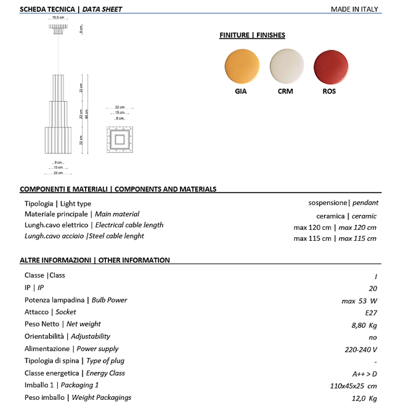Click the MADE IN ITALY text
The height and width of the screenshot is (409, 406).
(x=354, y=9)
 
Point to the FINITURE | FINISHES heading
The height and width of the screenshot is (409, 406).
(x=252, y=35)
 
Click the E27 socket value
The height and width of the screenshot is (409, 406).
(x=371, y=312)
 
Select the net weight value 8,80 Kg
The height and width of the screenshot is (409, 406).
(x=364, y=324)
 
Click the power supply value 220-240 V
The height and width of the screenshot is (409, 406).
(x=361, y=349)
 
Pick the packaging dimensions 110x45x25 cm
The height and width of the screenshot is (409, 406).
(x=353, y=386)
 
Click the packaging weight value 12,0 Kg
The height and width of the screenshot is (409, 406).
(x=364, y=398)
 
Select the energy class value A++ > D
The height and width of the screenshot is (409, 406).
(x=364, y=373)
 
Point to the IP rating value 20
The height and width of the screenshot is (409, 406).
(x=373, y=288)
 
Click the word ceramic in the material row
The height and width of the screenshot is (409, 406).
(x=363, y=216)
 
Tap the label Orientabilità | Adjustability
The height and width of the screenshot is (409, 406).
(x=67, y=336)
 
